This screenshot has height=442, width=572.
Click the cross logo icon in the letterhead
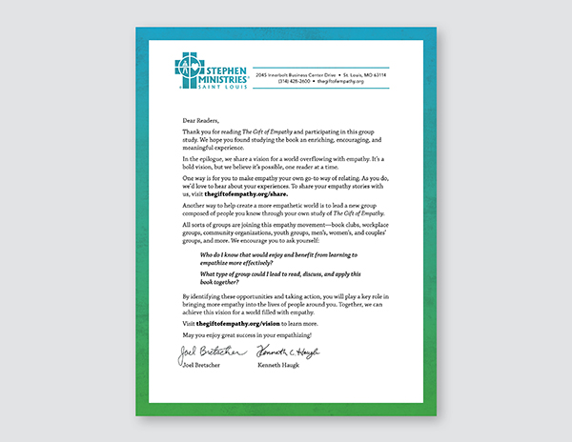tap(189, 68)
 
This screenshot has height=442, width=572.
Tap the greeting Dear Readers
tap(198, 121)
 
